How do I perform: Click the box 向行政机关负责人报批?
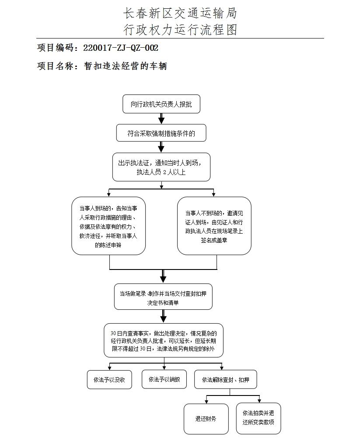tap(161, 105)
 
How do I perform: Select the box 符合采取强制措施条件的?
tap(161, 134)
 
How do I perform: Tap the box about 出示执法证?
tap(161, 167)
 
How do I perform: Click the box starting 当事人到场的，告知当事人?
tap(108, 226)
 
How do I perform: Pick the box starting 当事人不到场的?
tap(214, 226)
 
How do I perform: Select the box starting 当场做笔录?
tap(163, 297)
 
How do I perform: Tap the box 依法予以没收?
tap(106, 379)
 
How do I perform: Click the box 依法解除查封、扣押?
tap(226, 379)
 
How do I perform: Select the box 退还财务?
tap(206, 419)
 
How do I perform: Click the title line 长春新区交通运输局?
tap(180, 14)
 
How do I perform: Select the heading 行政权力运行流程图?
tap(180, 29)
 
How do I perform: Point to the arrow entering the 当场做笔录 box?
tap(163, 277)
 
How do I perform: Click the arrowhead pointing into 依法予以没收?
tap(109, 367)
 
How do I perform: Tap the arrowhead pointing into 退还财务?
tap(206, 401)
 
